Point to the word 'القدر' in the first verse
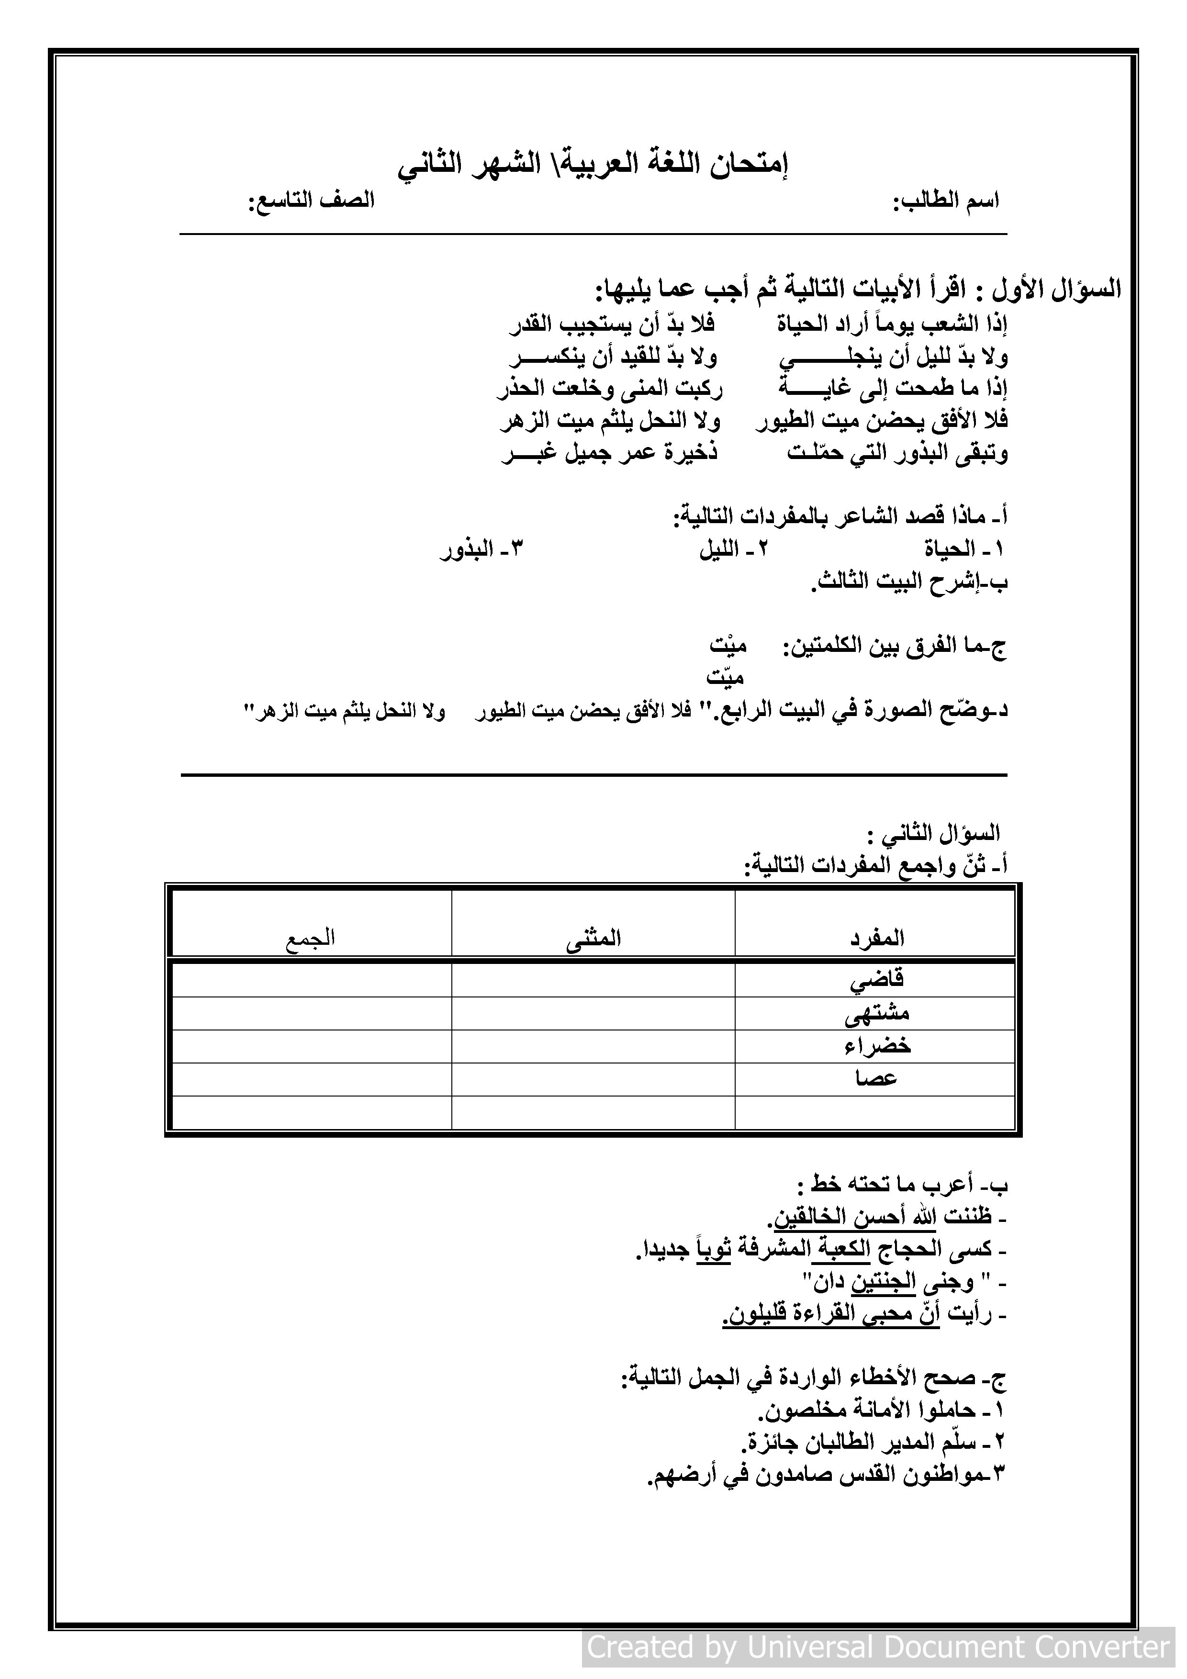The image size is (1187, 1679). [532, 323]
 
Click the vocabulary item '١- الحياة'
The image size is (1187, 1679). [964, 549]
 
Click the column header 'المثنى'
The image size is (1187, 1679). [593, 938]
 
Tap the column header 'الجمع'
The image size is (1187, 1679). [310, 938]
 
